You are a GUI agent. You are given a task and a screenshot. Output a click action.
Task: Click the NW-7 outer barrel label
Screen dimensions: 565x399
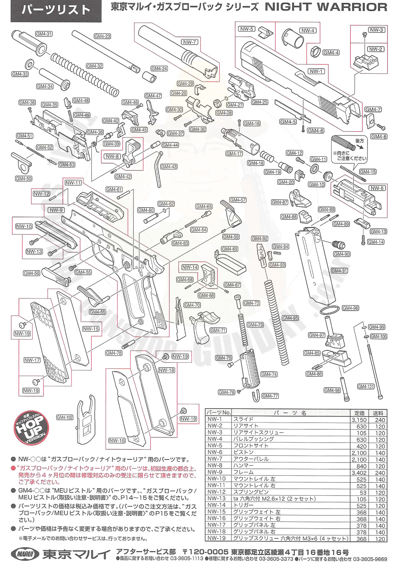pos(190,42)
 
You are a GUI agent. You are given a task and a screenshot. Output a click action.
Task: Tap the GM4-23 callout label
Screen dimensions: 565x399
pos(102,36)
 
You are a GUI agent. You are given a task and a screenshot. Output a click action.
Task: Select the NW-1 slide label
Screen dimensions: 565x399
pos(316,71)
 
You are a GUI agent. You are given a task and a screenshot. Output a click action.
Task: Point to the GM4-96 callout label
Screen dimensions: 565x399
pos(350,308)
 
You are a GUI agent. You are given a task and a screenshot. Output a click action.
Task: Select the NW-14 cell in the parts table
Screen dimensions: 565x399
pos(217,505)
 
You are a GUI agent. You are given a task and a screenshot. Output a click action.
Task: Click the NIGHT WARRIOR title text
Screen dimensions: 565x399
pos(326,7)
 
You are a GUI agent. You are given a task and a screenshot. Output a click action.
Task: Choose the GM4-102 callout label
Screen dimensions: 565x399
pos(65,417)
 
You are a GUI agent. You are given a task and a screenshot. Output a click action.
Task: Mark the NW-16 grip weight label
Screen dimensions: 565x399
pos(117,441)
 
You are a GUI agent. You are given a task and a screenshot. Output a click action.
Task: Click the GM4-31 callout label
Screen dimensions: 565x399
pos(43,34)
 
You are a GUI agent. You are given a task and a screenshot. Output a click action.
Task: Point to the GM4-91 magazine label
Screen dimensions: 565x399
pos(339,271)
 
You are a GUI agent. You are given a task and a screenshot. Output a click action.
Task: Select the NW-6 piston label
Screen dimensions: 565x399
pos(377,188)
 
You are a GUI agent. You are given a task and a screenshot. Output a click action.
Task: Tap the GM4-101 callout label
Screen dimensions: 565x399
pos(365,386)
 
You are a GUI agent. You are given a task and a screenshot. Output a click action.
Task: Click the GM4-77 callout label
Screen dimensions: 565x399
pos(270,396)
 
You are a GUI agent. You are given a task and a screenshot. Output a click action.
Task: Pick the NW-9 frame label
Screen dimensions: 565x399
pos(56,210)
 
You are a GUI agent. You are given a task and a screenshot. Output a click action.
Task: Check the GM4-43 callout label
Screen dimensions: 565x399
pos(169,167)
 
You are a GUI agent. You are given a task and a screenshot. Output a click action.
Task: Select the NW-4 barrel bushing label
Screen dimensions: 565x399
pos(308,31)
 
